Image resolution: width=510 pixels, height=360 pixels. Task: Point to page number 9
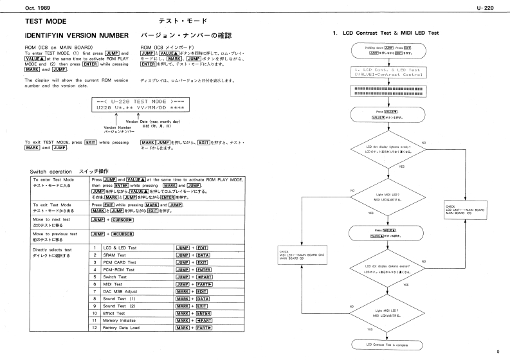click(x=498, y=351)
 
